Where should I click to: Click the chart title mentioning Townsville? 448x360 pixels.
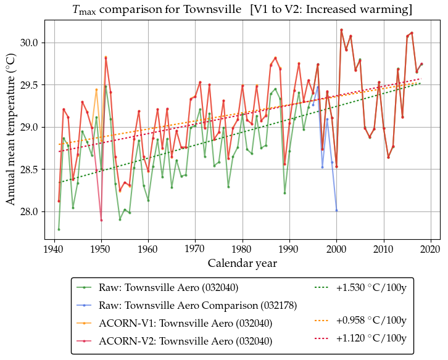[x=241, y=10]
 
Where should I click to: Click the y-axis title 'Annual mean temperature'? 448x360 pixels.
[x=10, y=129]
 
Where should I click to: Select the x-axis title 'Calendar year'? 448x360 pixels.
[x=242, y=263]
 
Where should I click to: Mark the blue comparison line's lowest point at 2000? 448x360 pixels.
[x=336, y=210]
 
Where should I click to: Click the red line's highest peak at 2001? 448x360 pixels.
[x=341, y=30]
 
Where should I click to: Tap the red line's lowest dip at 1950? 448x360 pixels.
[x=101, y=220]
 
